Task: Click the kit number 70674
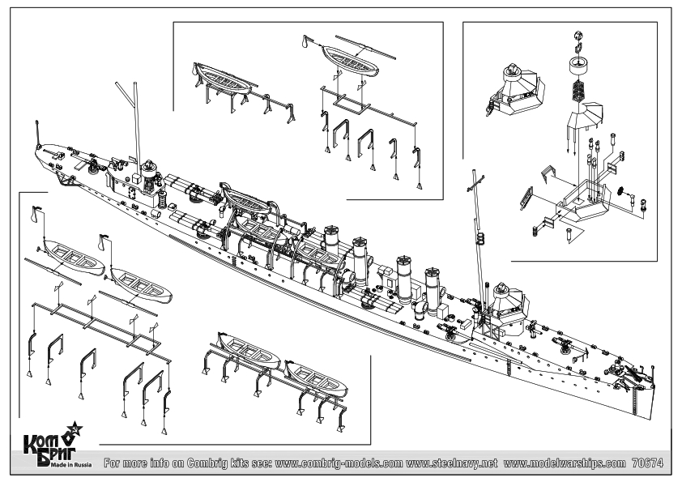647,463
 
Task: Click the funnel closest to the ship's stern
330,240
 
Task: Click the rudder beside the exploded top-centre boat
305,45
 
